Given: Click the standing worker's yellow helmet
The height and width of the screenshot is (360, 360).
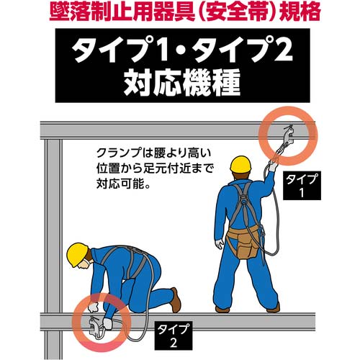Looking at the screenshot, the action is tap(240, 165).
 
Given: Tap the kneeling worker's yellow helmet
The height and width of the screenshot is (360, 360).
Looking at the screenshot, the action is tap(77, 254).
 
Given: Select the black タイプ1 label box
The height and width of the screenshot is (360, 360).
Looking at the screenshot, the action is tap(302, 186).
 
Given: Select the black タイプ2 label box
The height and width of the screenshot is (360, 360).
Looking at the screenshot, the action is tap(174, 336).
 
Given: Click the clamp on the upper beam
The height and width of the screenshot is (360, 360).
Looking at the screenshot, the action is tap(289, 136).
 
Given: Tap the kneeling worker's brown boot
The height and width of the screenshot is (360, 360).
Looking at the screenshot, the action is tap(175, 300).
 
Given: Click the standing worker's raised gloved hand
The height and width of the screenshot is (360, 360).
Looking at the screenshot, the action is tap(272, 166).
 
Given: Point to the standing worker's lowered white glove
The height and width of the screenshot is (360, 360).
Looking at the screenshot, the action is tap(220, 244).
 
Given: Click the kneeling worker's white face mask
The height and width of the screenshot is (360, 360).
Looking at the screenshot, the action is tap(88, 262).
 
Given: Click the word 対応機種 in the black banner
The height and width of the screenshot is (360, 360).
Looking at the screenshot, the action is tap(182, 83).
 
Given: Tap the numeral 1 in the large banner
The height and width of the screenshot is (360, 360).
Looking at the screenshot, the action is tap(164, 52).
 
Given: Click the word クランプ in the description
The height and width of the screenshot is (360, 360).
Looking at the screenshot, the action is tap(119, 153).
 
